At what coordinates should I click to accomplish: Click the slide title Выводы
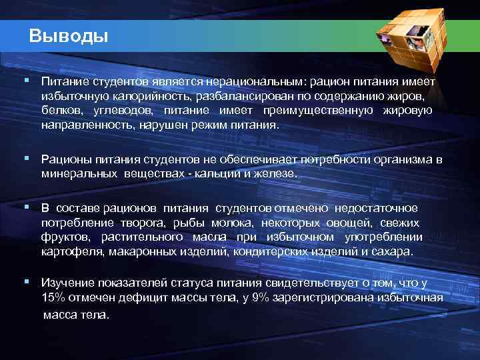click(x=69, y=35)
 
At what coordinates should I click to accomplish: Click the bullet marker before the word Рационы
click(x=26, y=158)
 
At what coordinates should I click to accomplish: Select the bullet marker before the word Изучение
click(x=26, y=282)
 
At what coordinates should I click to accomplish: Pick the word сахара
click(x=395, y=252)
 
